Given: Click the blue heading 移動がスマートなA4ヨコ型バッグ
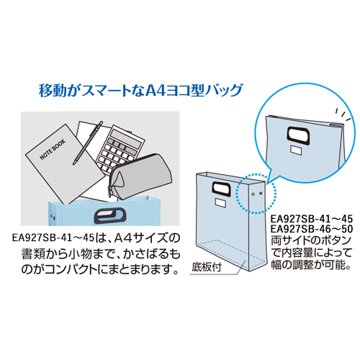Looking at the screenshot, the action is coord(141,91).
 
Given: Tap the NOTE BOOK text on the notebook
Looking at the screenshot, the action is coord(53,149).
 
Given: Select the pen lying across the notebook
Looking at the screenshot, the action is coord(88,143).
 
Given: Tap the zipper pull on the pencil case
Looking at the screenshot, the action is coord(111,192).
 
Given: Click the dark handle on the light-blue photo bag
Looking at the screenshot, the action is coord(110,215).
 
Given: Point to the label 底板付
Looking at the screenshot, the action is coord(207,267).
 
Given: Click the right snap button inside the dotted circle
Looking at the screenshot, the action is coord(261,193).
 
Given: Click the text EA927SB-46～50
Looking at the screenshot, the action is coord(312,229).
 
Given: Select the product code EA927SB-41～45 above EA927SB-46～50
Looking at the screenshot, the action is coord(312,219).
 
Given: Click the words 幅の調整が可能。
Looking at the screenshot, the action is coord(311,265).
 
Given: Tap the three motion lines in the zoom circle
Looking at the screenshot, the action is coord(343,115).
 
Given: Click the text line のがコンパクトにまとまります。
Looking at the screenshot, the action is coord(100,269).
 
